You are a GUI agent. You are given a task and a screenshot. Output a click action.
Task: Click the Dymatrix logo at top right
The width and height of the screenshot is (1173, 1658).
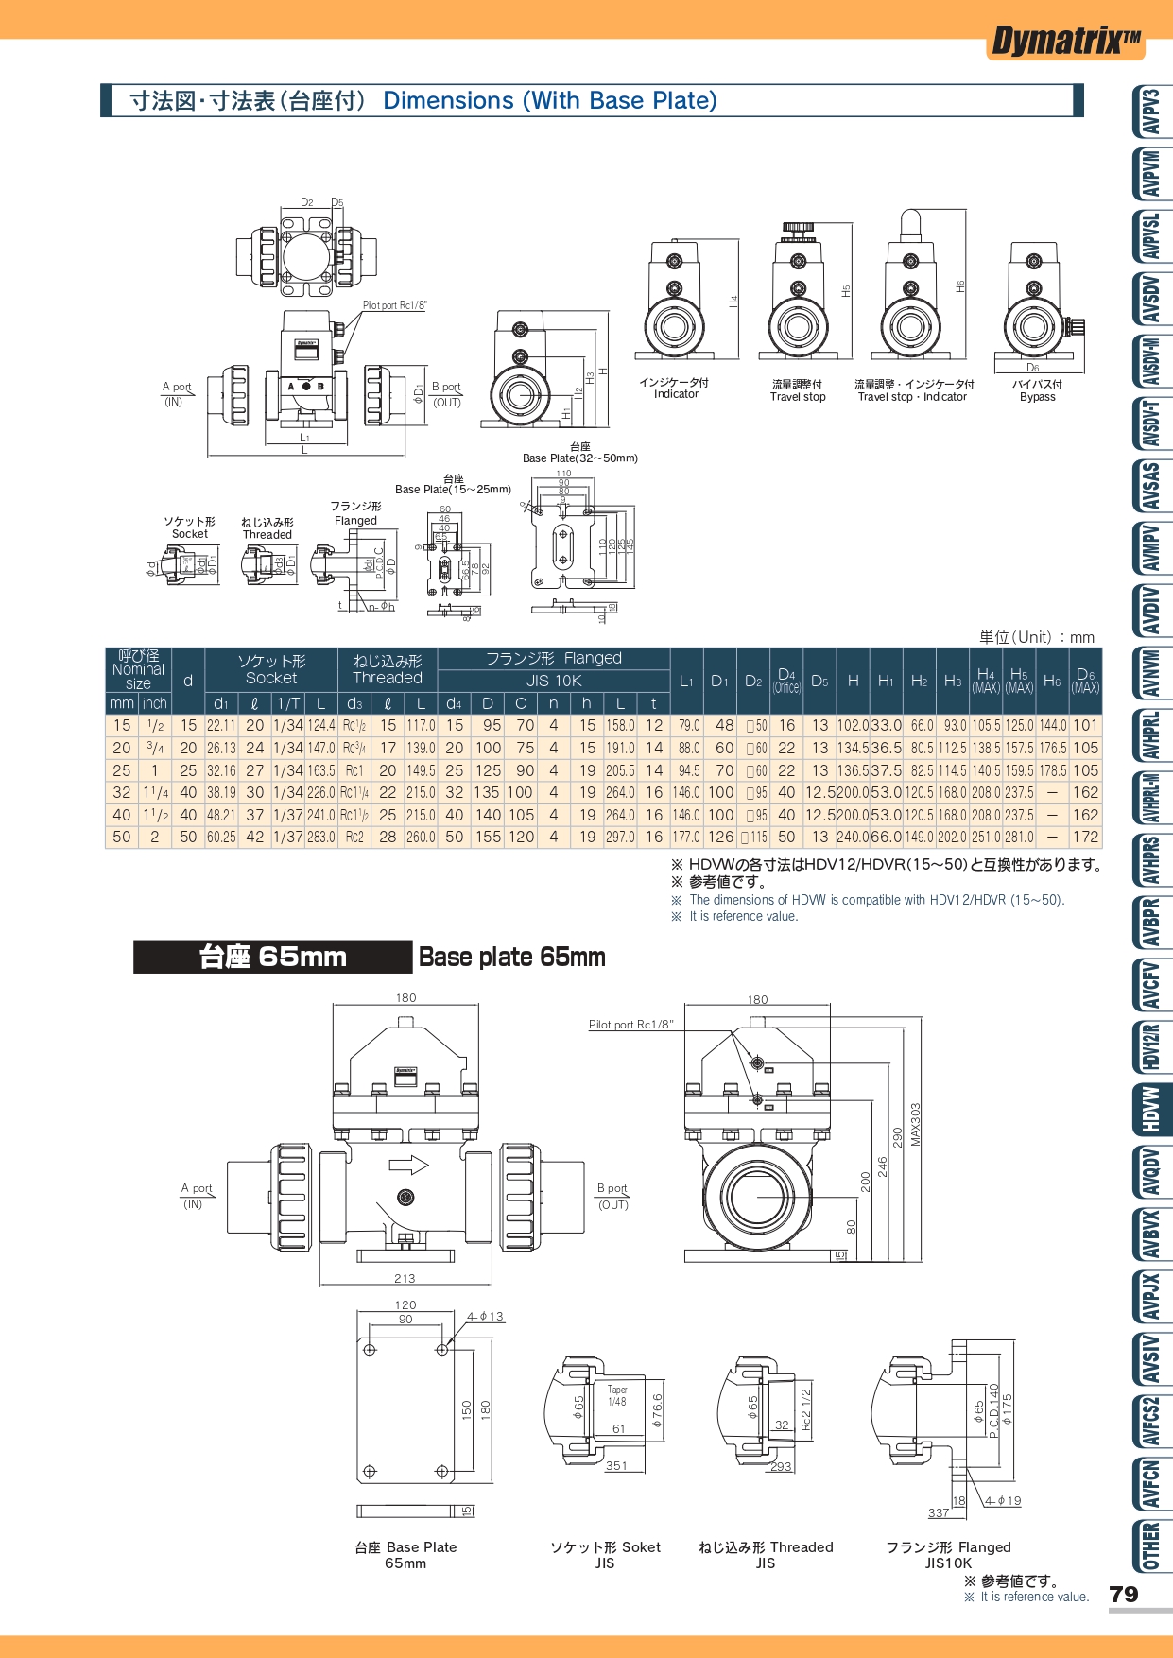1065,42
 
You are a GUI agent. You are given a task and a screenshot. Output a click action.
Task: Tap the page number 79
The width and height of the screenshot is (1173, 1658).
1123,1595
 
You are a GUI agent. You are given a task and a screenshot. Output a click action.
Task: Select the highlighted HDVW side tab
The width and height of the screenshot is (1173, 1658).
1151,1109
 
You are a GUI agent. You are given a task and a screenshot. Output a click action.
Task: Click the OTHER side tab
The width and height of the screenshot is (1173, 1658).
1151,1546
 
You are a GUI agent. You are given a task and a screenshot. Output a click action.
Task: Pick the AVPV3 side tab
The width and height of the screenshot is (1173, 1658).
1151,112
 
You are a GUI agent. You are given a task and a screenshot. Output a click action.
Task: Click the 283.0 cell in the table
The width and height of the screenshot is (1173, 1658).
321,838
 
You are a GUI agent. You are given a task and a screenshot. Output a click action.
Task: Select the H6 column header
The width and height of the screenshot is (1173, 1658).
1052,681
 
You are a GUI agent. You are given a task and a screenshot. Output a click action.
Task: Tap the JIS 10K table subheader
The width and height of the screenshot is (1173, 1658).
554,681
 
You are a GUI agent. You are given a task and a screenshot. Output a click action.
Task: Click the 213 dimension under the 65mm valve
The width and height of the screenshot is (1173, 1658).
405,1278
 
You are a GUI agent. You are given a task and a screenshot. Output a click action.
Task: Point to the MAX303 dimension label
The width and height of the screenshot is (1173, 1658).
915,1125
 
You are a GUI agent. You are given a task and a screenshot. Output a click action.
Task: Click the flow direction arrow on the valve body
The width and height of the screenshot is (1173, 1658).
409,1165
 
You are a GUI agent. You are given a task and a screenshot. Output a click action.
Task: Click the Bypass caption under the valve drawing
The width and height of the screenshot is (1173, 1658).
1037,397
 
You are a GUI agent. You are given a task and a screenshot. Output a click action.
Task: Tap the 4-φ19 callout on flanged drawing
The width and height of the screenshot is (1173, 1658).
1003,1500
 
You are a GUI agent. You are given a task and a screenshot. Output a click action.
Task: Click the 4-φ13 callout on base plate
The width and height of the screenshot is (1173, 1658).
486,1316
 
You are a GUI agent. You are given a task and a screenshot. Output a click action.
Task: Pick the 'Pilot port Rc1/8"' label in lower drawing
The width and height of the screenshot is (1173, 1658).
630,1025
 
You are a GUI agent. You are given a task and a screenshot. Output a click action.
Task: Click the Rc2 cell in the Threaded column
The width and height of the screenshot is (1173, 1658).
354,838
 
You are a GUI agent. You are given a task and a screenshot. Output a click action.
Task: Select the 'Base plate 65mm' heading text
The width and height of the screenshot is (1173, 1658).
511,957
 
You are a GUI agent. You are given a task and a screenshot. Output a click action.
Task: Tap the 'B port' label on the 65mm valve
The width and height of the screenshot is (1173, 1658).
612,1188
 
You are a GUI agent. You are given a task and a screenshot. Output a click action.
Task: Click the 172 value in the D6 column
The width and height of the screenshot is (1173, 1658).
1085,838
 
